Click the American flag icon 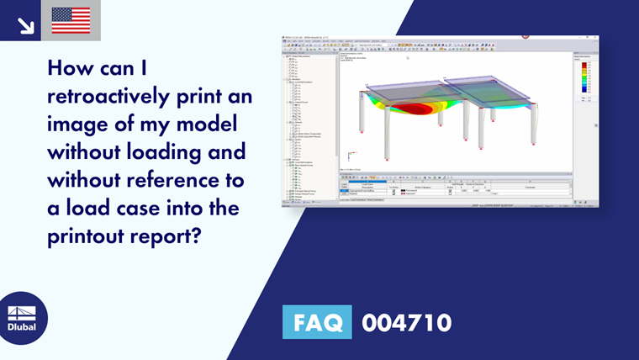click(x=71, y=20)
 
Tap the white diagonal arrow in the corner click(x=25, y=24)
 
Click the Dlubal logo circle click(x=23, y=317)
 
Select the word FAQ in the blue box click(x=318, y=322)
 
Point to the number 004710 click(x=407, y=322)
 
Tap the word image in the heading click(x=78, y=124)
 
